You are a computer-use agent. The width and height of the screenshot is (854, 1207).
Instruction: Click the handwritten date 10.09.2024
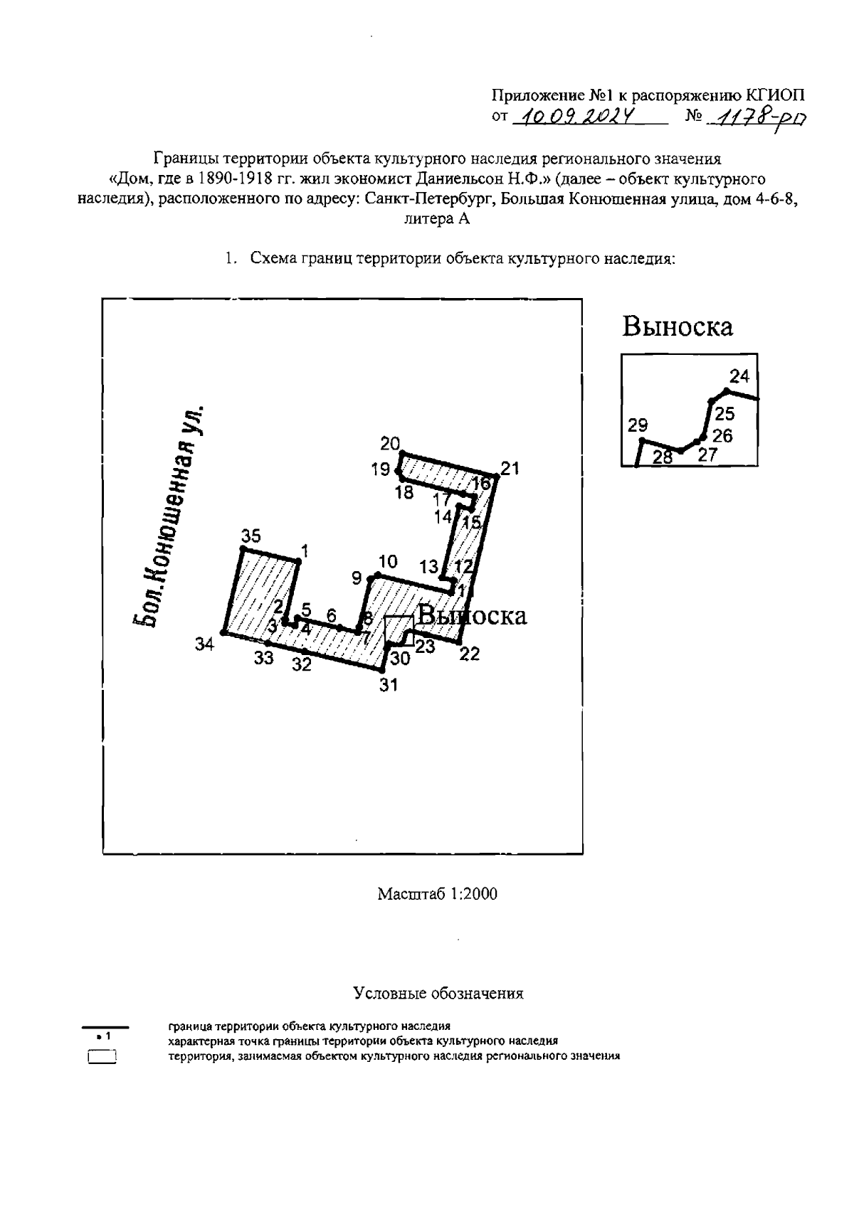click(x=577, y=117)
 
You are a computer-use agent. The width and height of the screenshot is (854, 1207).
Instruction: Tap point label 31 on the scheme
click(x=389, y=685)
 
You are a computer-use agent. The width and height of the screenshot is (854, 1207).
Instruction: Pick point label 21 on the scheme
click(x=510, y=469)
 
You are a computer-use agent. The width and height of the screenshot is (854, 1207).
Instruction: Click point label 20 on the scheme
click(x=390, y=444)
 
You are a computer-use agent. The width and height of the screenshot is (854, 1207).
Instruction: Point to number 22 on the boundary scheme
click(x=470, y=654)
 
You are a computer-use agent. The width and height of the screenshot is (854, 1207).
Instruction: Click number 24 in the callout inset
click(x=740, y=376)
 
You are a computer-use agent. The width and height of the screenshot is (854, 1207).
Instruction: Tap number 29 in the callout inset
click(x=638, y=425)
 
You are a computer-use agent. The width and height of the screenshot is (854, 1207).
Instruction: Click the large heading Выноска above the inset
click(x=677, y=326)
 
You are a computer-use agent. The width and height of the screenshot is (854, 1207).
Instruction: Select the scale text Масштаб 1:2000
click(x=437, y=893)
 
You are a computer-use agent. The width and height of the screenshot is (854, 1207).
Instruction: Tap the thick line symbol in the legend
click(x=105, y=1027)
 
